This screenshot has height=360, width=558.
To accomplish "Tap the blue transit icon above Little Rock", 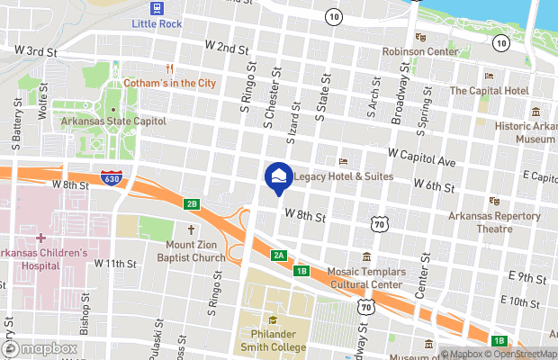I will (157, 9).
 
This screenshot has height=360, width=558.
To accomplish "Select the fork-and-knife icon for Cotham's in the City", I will (168, 68).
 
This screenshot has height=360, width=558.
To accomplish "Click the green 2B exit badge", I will (191, 203).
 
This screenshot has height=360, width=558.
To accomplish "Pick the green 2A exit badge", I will (279, 255).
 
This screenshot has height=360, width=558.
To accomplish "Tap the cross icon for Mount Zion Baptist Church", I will (191, 230).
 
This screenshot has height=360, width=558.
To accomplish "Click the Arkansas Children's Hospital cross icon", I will (40, 238).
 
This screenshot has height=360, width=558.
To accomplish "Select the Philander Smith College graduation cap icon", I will (274, 319).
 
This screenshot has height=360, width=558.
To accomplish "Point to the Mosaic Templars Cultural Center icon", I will (365, 257).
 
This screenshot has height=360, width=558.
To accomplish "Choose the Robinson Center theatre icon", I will (420, 38).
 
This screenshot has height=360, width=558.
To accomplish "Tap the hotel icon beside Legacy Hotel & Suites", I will (343, 162).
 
